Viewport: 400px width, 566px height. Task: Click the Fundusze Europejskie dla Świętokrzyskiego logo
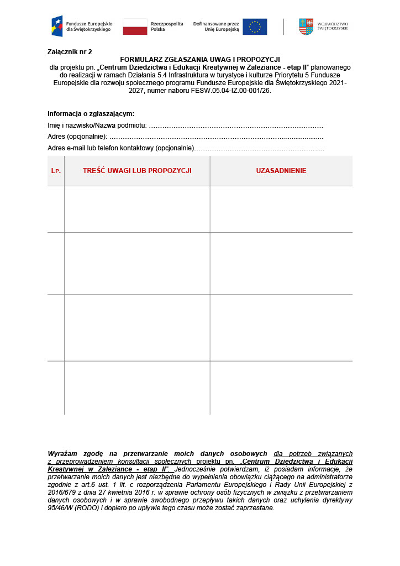(81, 26)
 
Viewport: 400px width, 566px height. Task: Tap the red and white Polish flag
(135, 27)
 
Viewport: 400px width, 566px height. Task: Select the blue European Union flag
(255, 27)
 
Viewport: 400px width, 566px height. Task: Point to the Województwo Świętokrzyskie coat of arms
(306, 27)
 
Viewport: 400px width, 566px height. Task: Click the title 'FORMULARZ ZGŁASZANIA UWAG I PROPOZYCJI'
(200, 59)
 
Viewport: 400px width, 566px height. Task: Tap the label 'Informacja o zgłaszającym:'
(91, 113)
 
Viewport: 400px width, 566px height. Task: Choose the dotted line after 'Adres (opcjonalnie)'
(215, 137)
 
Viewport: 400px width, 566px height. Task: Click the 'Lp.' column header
(56, 171)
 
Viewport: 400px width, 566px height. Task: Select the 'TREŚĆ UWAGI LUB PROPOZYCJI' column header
(137, 171)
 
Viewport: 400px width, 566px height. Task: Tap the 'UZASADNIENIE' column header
(281, 171)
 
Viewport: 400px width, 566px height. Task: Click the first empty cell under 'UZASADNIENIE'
(281, 209)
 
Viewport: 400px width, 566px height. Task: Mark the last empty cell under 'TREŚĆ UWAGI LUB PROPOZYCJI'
(137, 387)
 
